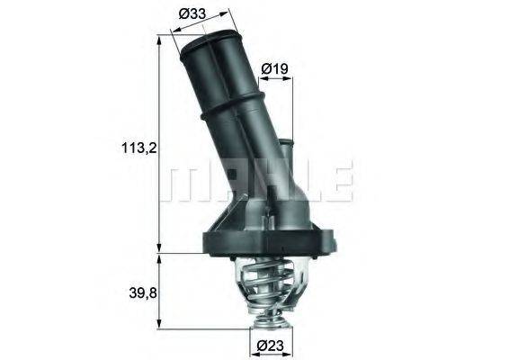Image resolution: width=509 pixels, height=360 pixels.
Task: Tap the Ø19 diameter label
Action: (274, 67)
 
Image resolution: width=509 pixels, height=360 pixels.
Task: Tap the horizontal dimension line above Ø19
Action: (274, 79)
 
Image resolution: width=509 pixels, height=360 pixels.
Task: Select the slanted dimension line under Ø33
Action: (198, 28)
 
